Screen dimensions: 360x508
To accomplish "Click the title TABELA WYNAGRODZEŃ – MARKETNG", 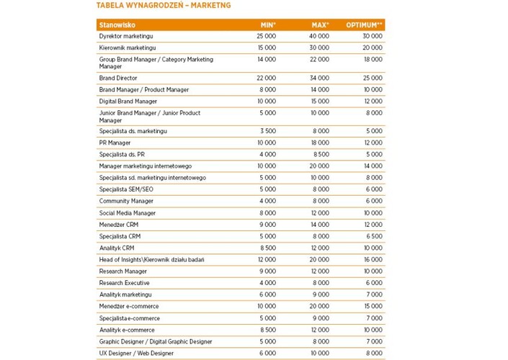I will [x=164, y=6].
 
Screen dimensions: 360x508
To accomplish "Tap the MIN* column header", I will [x=267, y=24].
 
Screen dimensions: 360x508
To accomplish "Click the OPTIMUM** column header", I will [x=365, y=24].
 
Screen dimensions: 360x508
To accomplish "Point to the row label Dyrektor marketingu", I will [x=126, y=36].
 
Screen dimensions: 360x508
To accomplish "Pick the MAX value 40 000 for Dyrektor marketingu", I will [x=319, y=36].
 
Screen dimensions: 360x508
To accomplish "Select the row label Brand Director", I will [x=118, y=78].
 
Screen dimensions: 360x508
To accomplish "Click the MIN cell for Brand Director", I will [x=266, y=78].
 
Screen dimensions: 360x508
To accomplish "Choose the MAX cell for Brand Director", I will [x=319, y=78].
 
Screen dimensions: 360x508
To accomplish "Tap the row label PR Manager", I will [x=115, y=143].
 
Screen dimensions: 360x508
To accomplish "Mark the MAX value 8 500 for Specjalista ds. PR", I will [x=321, y=154].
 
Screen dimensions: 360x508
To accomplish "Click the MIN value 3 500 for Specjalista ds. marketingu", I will [x=267, y=131].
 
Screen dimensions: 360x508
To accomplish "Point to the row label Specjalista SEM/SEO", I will [x=126, y=189].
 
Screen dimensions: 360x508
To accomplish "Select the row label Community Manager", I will [x=126, y=201].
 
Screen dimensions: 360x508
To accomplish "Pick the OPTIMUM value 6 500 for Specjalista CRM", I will [x=374, y=236].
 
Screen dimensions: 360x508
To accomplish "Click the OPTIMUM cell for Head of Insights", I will [x=373, y=259].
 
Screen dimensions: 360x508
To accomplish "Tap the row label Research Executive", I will [x=125, y=283].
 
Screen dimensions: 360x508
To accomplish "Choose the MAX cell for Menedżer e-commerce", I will [x=319, y=306].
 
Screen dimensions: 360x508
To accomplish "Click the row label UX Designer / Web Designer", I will [x=136, y=354].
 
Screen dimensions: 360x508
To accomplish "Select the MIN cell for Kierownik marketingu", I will [x=266, y=48].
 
